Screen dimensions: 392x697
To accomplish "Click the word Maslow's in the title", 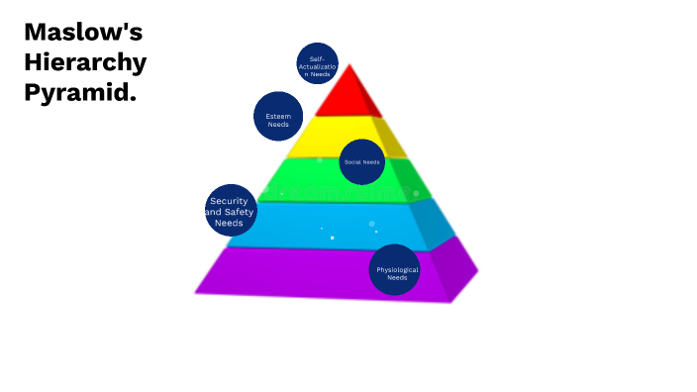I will point(83,32).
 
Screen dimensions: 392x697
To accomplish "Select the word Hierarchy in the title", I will point(85,62).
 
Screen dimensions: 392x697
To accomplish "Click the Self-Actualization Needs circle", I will point(317,63).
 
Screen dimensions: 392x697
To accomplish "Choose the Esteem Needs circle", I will point(277,116).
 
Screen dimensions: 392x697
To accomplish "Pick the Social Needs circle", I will point(361,161).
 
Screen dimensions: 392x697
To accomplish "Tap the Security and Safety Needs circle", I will point(230,210).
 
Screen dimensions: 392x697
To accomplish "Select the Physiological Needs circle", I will point(395,269).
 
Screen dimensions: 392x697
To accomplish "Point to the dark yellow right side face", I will point(391,139).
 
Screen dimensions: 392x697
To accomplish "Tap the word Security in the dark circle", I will point(229,201).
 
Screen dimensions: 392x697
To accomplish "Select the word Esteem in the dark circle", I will point(278,116).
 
